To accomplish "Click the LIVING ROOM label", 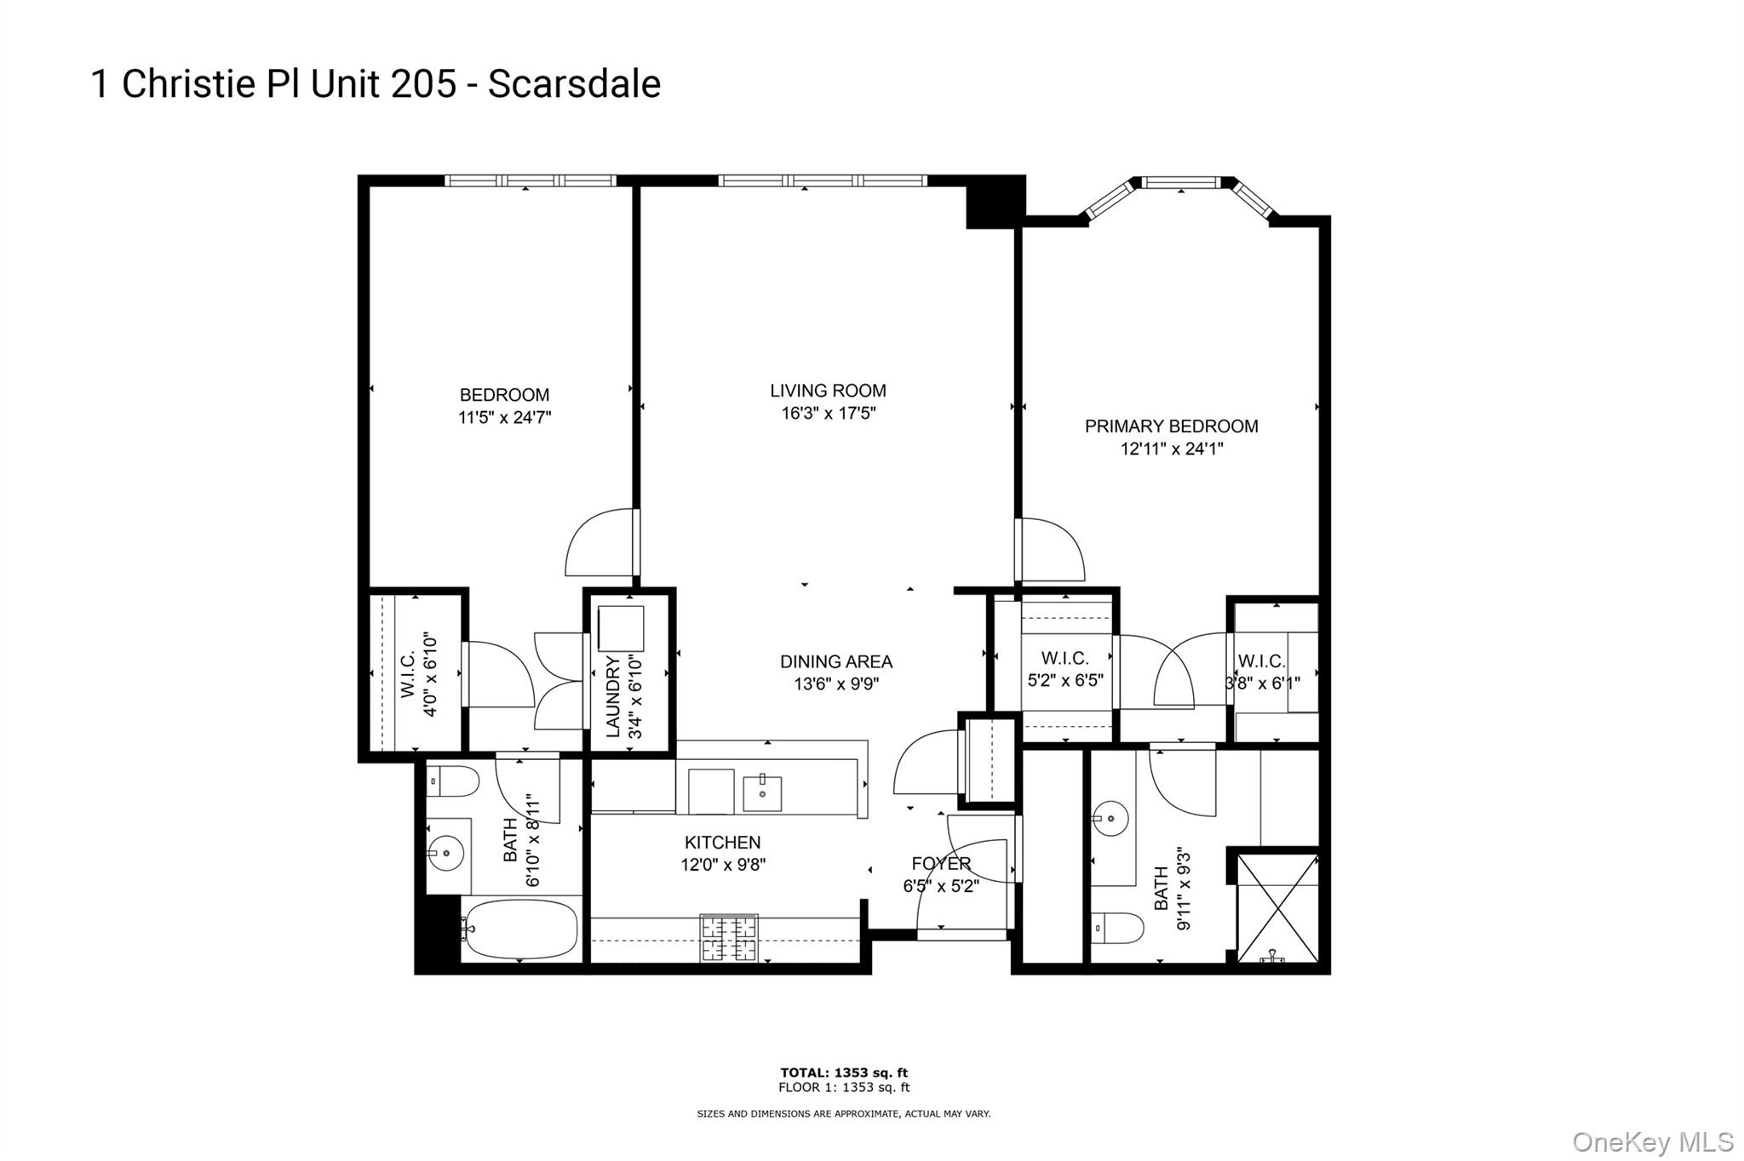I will pos(828,391).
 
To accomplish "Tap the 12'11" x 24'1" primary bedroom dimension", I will pos(1171,449).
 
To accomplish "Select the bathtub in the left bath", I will pos(520,929).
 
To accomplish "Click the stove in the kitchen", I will pos(728,938).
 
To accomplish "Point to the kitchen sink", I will pos(762,792).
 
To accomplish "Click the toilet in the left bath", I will pos(452,781).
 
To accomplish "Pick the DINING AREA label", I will pos(835,661).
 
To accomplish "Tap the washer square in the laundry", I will pos(620,628).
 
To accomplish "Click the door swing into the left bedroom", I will pos(600,543).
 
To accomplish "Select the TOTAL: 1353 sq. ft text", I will pos(843,1072).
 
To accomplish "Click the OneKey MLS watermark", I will pos(1652,1141).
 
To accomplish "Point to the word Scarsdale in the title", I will pos(574,84).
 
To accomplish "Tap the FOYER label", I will pos(940,863).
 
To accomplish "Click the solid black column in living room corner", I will pos(994,203).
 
